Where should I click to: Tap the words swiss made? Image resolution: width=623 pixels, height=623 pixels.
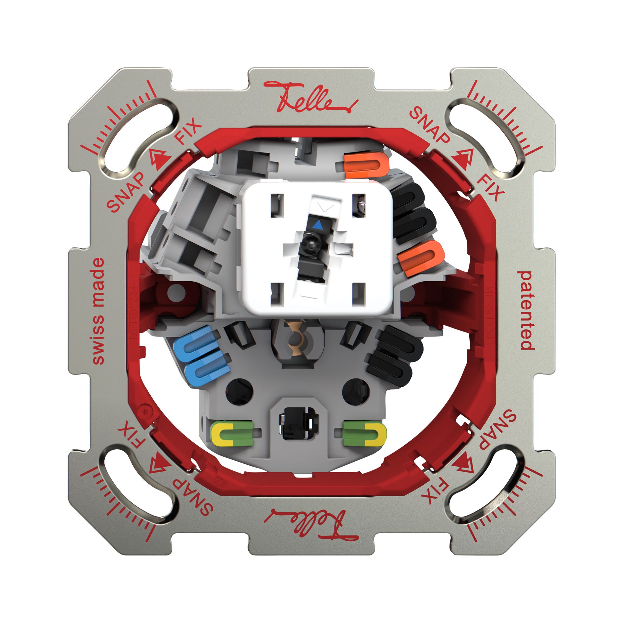click(98, 311)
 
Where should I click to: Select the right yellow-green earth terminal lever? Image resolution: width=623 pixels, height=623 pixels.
click(365, 433)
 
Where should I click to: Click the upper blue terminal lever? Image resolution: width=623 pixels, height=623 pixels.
click(195, 342)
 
